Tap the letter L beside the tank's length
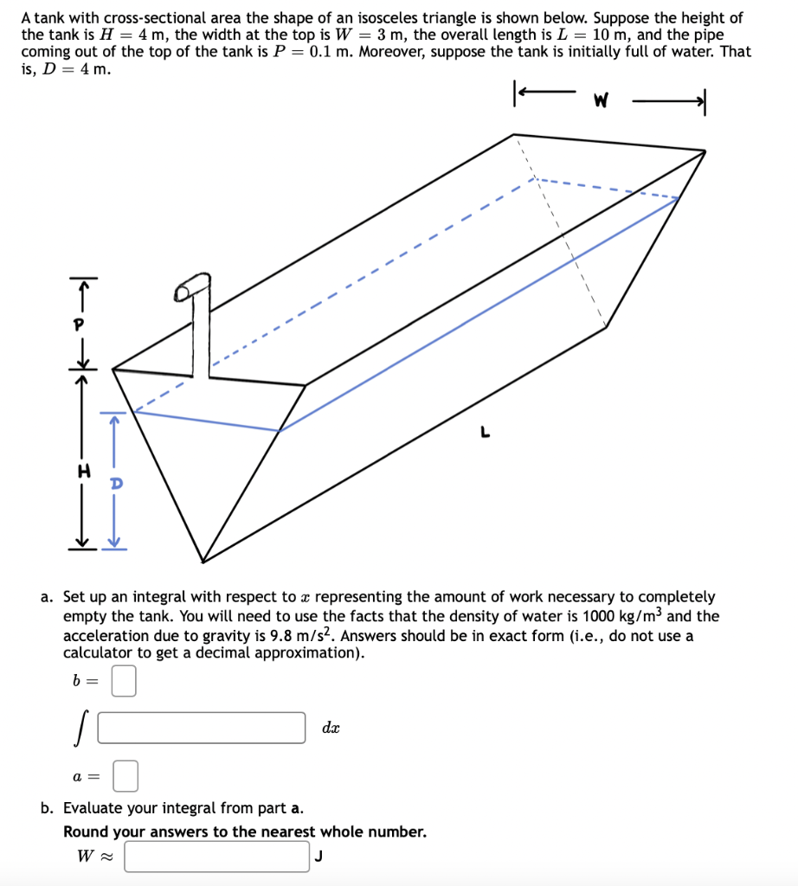point(487,433)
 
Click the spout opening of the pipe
point(183,293)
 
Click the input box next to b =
point(124,680)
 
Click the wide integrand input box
point(202,728)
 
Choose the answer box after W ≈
point(216,857)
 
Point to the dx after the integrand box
point(331,729)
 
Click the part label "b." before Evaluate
point(48,808)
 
